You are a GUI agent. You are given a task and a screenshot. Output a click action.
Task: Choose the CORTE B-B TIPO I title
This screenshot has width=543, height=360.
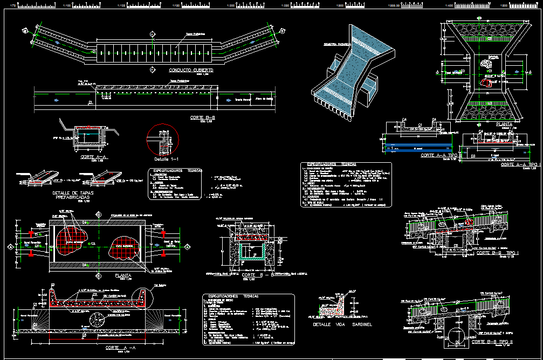coord(496,253)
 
